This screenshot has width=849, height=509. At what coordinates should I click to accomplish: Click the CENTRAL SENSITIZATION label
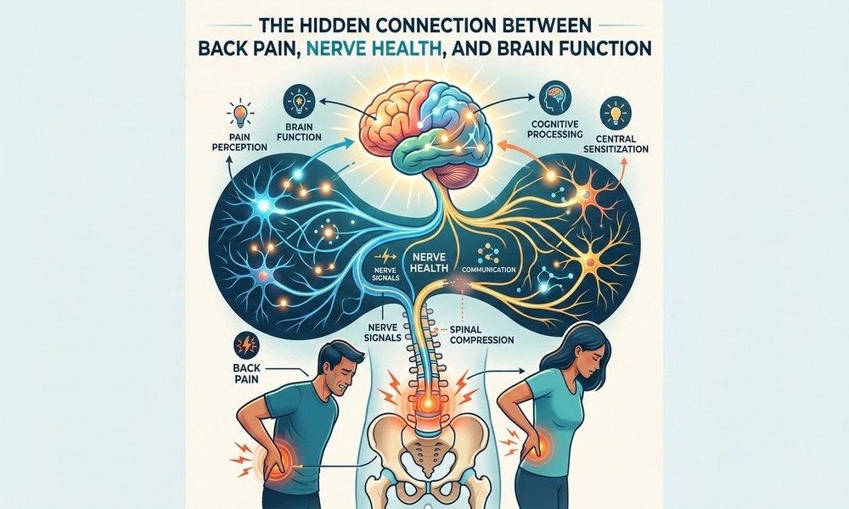(x=616, y=144)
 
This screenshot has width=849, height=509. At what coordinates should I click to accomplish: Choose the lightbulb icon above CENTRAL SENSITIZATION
(x=615, y=113)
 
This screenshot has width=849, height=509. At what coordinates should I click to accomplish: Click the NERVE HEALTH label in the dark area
(x=430, y=262)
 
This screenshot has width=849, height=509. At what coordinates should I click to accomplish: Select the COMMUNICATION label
(x=488, y=269)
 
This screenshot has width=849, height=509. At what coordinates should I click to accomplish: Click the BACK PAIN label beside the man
(x=246, y=372)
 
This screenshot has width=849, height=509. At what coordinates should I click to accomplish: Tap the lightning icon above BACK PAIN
(x=246, y=344)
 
